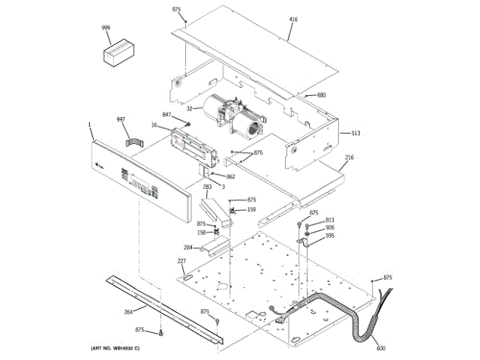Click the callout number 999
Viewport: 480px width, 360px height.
coord(106,28)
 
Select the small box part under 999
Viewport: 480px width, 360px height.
coord(116,55)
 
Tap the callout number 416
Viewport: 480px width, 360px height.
coord(292,18)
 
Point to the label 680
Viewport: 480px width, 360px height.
coord(321,95)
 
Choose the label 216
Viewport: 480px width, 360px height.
coord(349,157)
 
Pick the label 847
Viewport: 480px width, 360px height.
coord(167,115)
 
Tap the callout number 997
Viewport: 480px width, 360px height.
coord(121,120)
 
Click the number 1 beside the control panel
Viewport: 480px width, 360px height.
coord(88,124)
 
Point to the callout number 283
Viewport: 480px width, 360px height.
coord(206,186)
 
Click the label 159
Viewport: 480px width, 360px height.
coord(251,209)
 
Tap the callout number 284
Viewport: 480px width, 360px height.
coord(187,247)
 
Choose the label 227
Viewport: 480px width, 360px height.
coord(181,260)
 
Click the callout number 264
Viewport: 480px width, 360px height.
coord(128,311)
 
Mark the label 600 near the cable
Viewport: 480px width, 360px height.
coord(380,348)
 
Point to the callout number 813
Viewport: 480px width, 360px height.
coord(329,220)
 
